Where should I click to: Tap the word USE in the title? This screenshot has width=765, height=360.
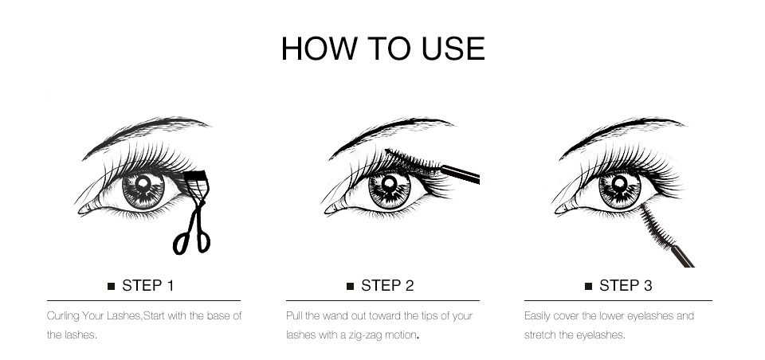(x=453, y=48)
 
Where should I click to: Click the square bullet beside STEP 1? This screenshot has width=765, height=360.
(x=112, y=286)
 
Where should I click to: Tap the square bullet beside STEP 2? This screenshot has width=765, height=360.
(x=350, y=286)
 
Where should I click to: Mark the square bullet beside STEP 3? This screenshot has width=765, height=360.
(x=588, y=286)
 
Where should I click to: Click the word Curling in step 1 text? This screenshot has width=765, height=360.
(x=63, y=316)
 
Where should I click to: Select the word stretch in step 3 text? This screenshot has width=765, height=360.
(x=539, y=335)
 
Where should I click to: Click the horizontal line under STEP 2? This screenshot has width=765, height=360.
(x=382, y=301)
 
